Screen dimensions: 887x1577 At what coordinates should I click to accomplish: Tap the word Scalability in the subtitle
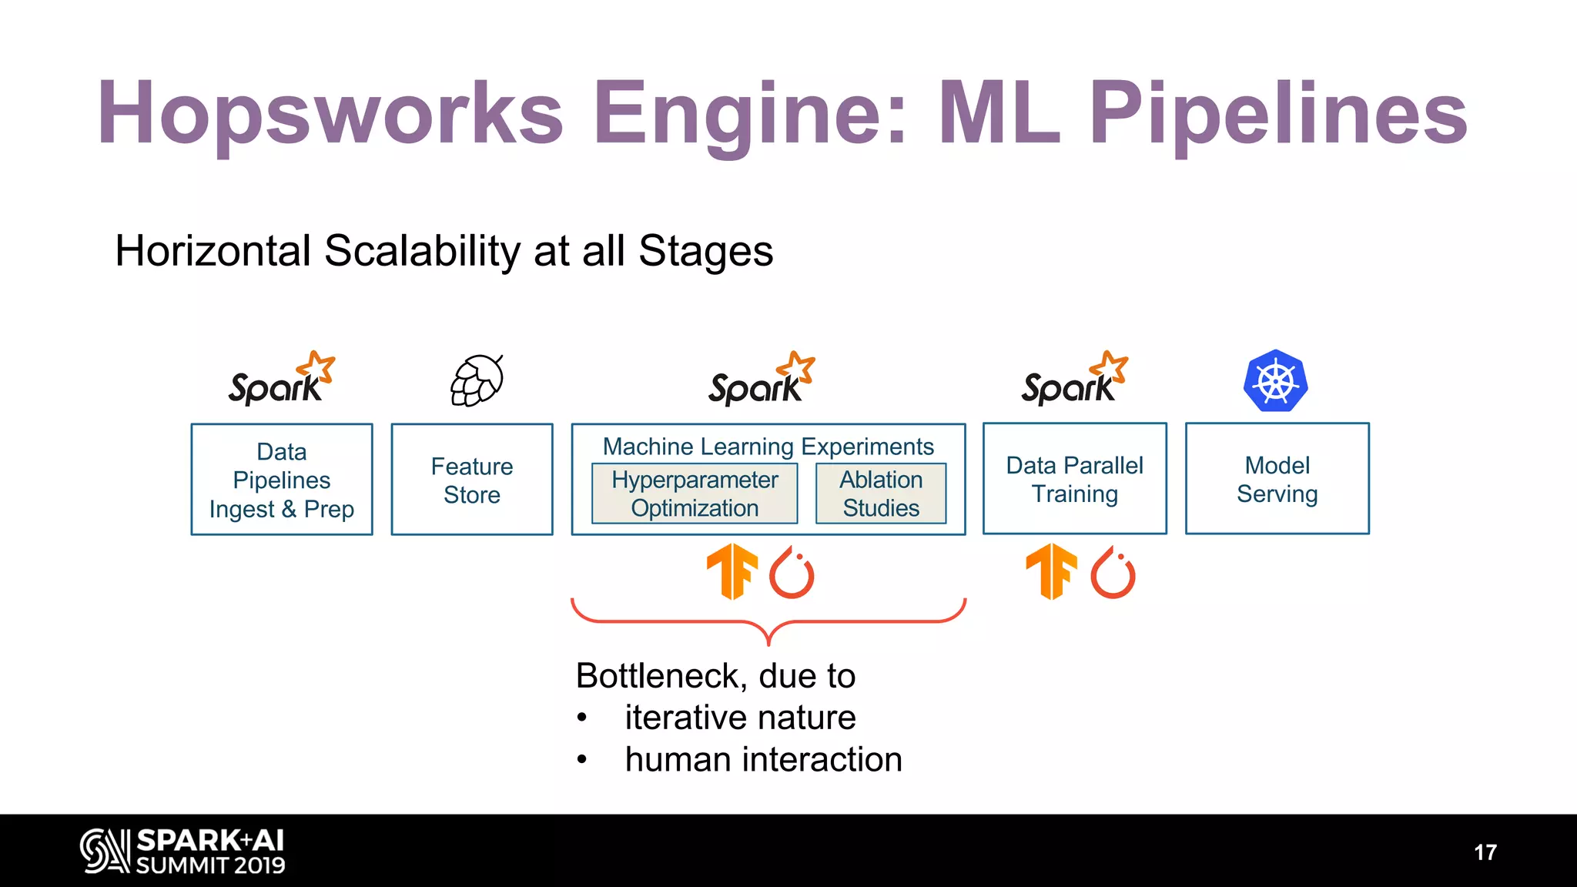pos(422,251)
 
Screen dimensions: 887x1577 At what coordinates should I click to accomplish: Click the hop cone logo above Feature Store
pos(477,380)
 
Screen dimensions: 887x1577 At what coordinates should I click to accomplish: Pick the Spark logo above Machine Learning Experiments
pos(762,380)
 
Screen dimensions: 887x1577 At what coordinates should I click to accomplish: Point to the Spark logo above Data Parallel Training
pos(1074,380)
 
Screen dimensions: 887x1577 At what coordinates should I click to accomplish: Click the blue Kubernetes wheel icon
pos(1275,381)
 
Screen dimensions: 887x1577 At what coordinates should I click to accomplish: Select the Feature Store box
pos(472,480)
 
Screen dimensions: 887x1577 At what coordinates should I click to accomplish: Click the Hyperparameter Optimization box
pos(695,494)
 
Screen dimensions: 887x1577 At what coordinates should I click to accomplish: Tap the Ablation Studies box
pos(881,494)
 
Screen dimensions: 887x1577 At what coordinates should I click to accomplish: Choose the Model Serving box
pos(1277,479)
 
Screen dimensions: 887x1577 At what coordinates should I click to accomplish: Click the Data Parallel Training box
pos(1074,479)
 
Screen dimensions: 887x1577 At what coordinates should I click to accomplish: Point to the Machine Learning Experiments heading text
pos(768,447)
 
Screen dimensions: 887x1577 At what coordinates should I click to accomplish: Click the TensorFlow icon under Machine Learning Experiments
pos(732,572)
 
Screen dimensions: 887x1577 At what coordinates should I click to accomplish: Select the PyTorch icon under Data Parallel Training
pos(1113,574)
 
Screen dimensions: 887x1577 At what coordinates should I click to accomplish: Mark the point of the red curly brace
pos(768,641)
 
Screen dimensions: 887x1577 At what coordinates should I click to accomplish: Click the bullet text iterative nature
pos(739,718)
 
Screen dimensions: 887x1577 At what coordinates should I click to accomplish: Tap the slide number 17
pos(1485,852)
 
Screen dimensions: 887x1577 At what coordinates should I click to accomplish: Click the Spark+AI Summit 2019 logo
pos(183,851)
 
